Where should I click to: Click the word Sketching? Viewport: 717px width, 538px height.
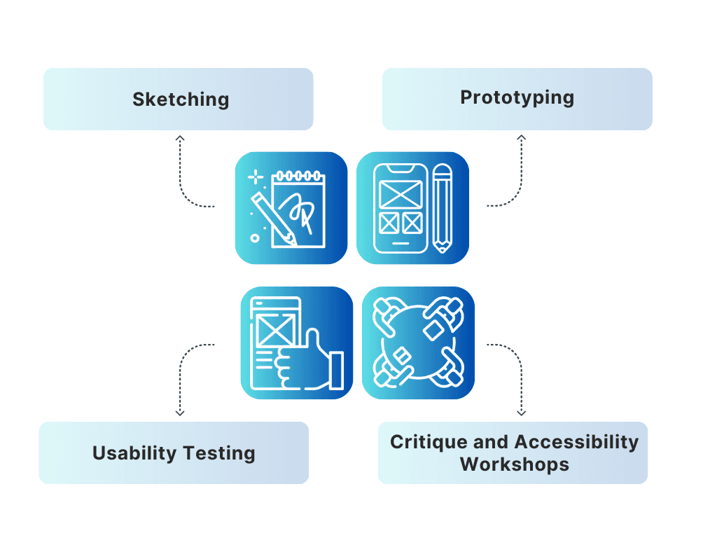[x=181, y=99]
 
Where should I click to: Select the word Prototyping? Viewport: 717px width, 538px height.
[x=517, y=97]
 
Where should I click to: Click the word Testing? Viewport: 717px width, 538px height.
[x=218, y=453]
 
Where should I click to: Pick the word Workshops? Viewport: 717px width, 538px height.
[x=514, y=464]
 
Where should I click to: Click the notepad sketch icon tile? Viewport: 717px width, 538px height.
[x=291, y=208]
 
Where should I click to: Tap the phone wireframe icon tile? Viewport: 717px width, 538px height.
[x=413, y=208]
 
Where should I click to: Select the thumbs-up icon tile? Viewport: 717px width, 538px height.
[x=297, y=343]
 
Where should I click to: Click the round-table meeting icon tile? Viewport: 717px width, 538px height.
[x=419, y=343]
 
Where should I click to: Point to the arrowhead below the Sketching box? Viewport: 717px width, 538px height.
[x=180, y=139]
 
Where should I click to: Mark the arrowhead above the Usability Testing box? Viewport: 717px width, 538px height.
[x=180, y=413]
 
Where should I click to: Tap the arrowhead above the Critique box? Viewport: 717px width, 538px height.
[x=521, y=413]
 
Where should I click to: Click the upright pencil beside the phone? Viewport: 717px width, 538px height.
[x=443, y=208]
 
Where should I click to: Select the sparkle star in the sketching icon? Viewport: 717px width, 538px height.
[x=256, y=176]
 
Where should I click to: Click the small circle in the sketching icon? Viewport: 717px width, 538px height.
[x=255, y=238]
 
